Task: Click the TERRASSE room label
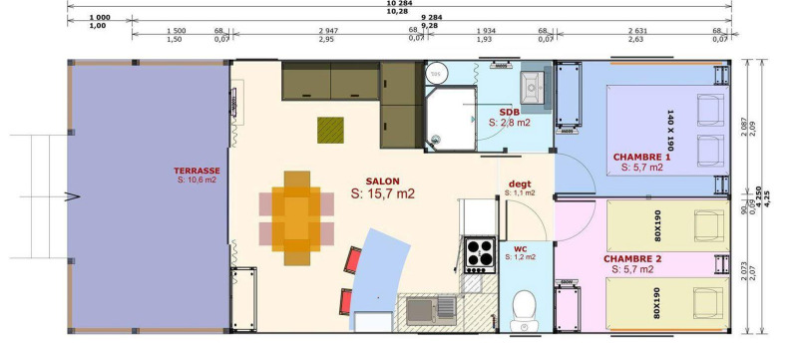pos(197,171)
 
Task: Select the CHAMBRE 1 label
pos(641,157)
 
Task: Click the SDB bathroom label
pos(511,111)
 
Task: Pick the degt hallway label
pos(520,183)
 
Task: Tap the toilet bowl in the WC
pos(522,306)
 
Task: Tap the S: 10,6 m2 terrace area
pos(197,180)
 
